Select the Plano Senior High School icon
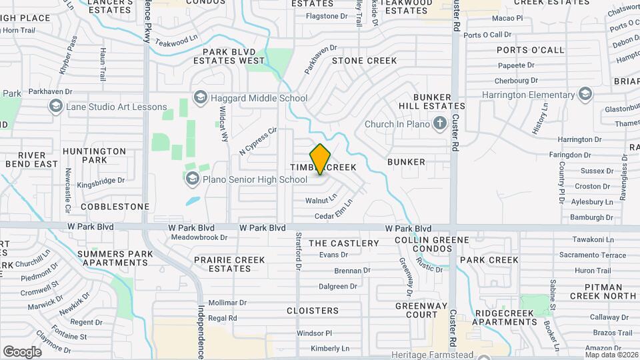[193, 179]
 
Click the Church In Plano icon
[439, 123]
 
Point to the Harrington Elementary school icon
[585, 94]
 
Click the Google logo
[22, 352]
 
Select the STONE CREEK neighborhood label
[364, 61]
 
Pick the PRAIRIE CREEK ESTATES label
[223, 264]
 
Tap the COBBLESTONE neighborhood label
[115, 207]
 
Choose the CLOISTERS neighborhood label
[313, 311]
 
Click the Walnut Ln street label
[321, 200]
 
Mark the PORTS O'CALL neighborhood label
[530, 50]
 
